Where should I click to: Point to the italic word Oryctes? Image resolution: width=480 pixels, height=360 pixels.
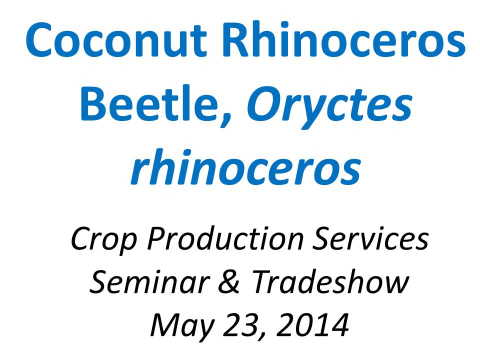point(329,107)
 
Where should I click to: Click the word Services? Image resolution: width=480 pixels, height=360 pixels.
point(370,239)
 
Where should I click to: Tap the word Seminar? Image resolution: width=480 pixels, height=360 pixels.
point(149,282)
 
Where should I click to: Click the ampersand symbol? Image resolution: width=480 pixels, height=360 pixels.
point(229,282)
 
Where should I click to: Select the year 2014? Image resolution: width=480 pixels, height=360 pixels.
point(312,325)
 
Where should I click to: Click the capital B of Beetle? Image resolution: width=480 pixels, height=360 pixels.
point(93,103)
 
